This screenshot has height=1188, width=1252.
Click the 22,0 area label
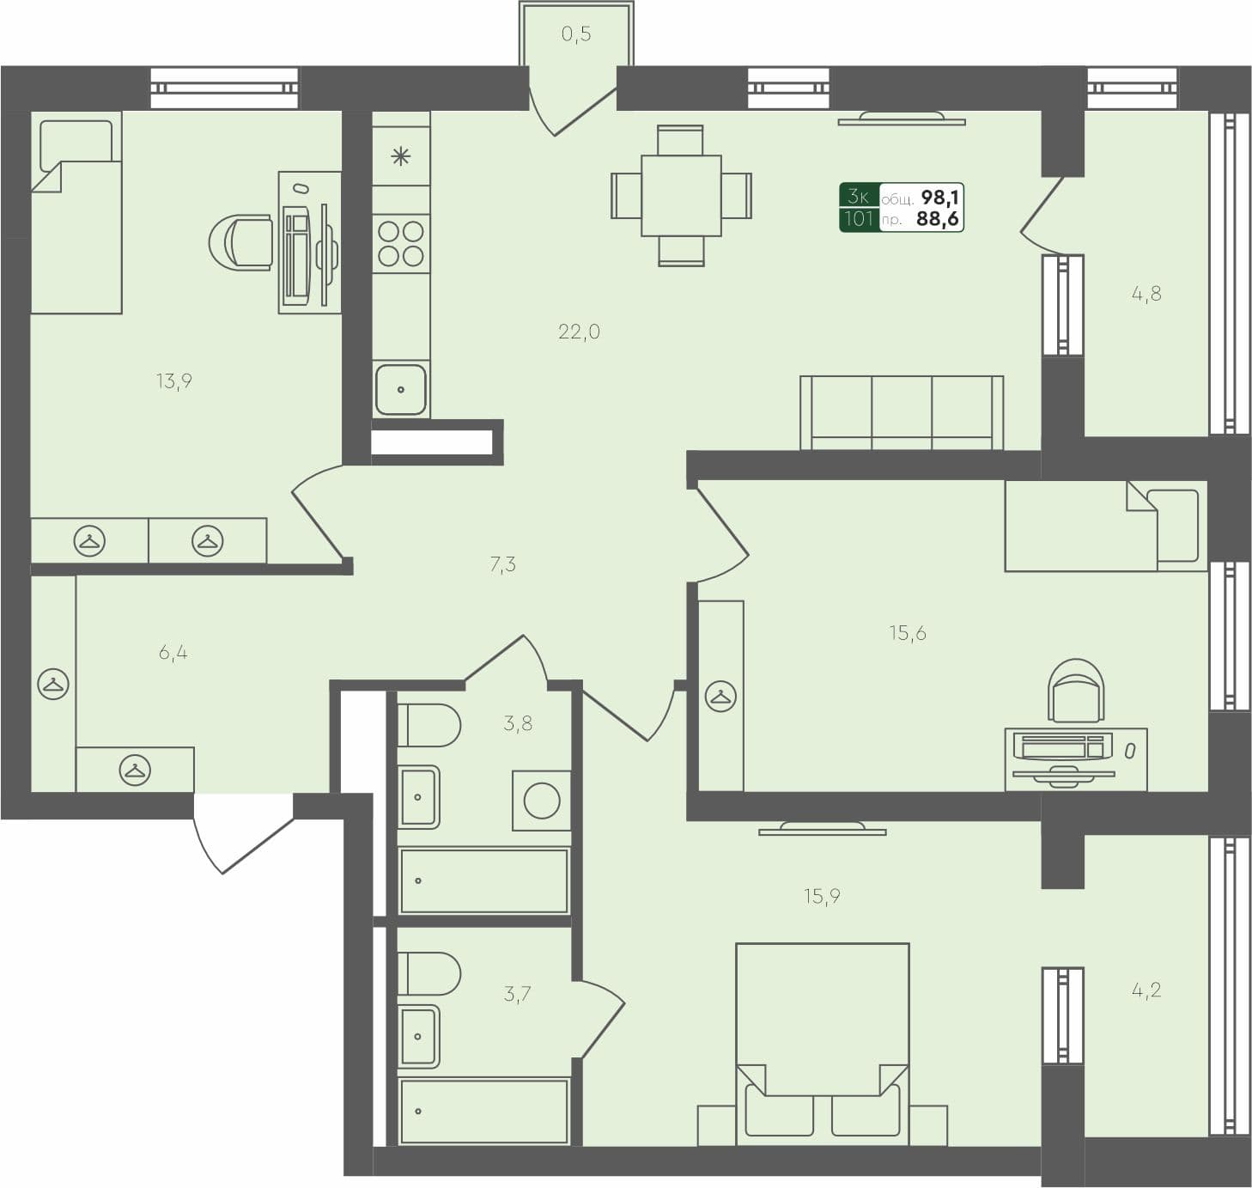pyautogui.click(x=579, y=332)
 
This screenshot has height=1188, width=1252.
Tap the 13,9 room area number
pyautogui.click(x=173, y=381)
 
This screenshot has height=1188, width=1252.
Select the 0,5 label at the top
pyautogui.click(x=576, y=34)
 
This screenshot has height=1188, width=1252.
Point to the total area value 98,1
pyautogui.click(x=939, y=198)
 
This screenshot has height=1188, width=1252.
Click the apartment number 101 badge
pyautogui.click(x=859, y=219)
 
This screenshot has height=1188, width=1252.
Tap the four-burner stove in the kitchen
pyautogui.click(x=401, y=243)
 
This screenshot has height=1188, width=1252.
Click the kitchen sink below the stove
pyautogui.click(x=401, y=389)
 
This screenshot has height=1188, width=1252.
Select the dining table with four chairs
pyautogui.click(x=681, y=196)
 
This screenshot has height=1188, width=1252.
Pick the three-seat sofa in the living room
pyautogui.click(x=902, y=412)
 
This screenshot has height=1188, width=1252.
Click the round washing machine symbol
pyautogui.click(x=542, y=801)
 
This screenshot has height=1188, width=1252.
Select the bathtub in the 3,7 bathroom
pyautogui.click(x=484, y=1111)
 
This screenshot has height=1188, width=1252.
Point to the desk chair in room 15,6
pyautogui.click(x=1076, y=690)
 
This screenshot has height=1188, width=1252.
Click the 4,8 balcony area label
pyautogui.click(x=1146, y=294)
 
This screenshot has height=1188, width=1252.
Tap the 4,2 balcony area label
pyautogui.click(x=1146, y=990)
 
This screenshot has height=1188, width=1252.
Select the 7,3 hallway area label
pyautogui.click(x=502, y=564)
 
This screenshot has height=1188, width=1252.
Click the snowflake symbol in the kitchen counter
pyautogui.click(x=401, y=156)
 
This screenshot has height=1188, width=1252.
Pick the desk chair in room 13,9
pyautogui.click(x=242, y=242)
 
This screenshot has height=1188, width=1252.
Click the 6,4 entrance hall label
pyautogui.click(x=173, y=653)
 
